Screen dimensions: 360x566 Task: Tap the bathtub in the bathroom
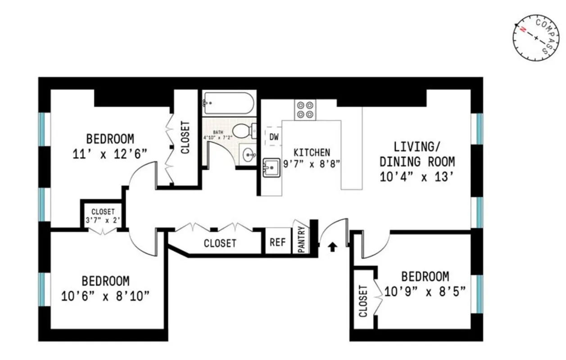pyautogui.click(x=229, y=103)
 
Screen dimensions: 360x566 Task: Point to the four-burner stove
pyautogui.click(x=305, y=110)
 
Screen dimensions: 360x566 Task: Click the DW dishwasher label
pyautogui.click(x=273, y=136)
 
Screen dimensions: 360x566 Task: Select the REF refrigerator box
pyautogui.click(x=277, y=242)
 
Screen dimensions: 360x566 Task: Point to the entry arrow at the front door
pyautogui.click(x=332, y=247)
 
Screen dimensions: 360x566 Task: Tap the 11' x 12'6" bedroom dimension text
pyautogui.click(x=110, y=154)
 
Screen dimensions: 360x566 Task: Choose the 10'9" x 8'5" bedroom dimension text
pyautogui.click(x=425, y=291)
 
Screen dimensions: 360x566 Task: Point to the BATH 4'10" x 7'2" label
pyautogui.click(x=218, y=135)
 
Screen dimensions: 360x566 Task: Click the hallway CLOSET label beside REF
pyautogui.click(x=220, y=243)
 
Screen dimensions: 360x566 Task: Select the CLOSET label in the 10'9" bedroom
pyautogui.click(x=363, y=301)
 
